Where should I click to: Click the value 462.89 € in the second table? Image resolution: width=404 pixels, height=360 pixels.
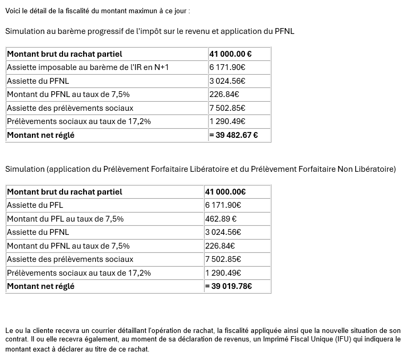click(221, 218)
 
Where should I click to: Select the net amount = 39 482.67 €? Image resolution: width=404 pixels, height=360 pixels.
click(233, 135)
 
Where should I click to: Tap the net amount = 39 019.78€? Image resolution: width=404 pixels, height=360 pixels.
click(229, 286)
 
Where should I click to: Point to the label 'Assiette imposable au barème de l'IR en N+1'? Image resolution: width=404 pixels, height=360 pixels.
click(87, 67)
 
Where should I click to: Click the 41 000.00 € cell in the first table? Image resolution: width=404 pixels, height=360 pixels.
click(230, 54)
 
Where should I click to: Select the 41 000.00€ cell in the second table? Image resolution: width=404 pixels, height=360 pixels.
click(225, 191)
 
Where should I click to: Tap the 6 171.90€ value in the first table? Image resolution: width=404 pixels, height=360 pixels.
click(227, 67)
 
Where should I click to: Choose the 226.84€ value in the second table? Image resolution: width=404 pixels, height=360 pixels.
click(220, 245)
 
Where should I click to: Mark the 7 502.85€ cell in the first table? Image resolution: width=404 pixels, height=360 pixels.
click(227, 108)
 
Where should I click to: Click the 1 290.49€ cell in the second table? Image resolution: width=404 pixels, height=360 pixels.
click(223, 273)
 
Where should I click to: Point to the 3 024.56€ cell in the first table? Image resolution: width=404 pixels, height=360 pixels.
click(227, 81)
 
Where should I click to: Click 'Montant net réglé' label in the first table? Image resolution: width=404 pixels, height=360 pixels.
click(40, 135)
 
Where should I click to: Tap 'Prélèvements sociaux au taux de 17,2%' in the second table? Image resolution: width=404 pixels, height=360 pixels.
click(78, 273)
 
